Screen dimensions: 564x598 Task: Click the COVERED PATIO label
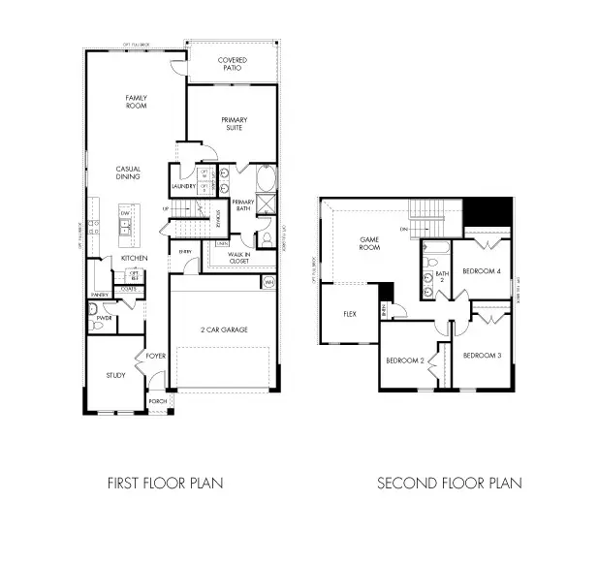232,65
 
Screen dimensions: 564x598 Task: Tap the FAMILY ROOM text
135,103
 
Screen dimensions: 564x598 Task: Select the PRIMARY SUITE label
232,123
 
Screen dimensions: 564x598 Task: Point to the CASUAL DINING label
128,172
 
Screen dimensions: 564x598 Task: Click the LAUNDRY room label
184,186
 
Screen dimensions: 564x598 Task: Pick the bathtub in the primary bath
268,181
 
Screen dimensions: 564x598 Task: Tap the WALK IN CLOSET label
239,257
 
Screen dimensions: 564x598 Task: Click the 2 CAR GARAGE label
225,330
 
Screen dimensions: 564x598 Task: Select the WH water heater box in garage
268,282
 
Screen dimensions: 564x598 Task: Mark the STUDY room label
116,376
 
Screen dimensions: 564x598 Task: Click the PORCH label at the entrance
157,401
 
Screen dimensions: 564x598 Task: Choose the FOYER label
157,355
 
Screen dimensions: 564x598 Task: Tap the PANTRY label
98,294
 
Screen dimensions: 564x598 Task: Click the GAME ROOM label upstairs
369,243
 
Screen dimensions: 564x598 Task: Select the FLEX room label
351,314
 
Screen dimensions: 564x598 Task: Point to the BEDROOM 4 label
481,270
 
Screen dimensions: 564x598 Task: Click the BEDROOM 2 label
405,360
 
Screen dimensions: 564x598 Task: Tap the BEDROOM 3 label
482,355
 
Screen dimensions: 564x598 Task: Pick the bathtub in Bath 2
434,254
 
